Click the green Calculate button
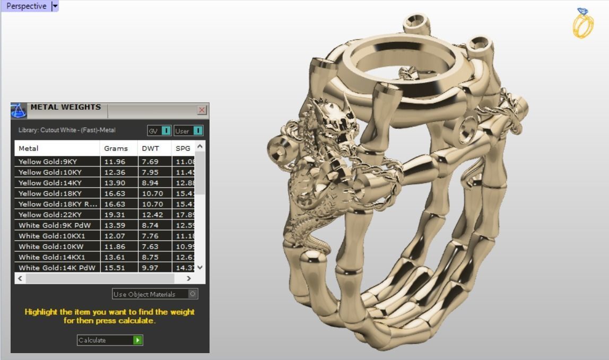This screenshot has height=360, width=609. point(138,340)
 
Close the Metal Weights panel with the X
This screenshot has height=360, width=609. point(202,110)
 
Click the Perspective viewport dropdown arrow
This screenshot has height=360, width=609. point(55,6)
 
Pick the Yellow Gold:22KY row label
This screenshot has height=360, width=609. point(50,215)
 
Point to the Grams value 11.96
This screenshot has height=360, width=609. point(115,162)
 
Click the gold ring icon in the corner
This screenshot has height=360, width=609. point(582,23)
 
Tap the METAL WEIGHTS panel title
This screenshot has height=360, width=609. point(65,107)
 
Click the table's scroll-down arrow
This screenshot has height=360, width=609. point(200,268)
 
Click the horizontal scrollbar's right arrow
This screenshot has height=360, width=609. point(188,278)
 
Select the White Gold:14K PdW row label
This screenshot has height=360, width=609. point(56,268)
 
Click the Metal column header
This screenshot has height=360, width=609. point(29,148)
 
